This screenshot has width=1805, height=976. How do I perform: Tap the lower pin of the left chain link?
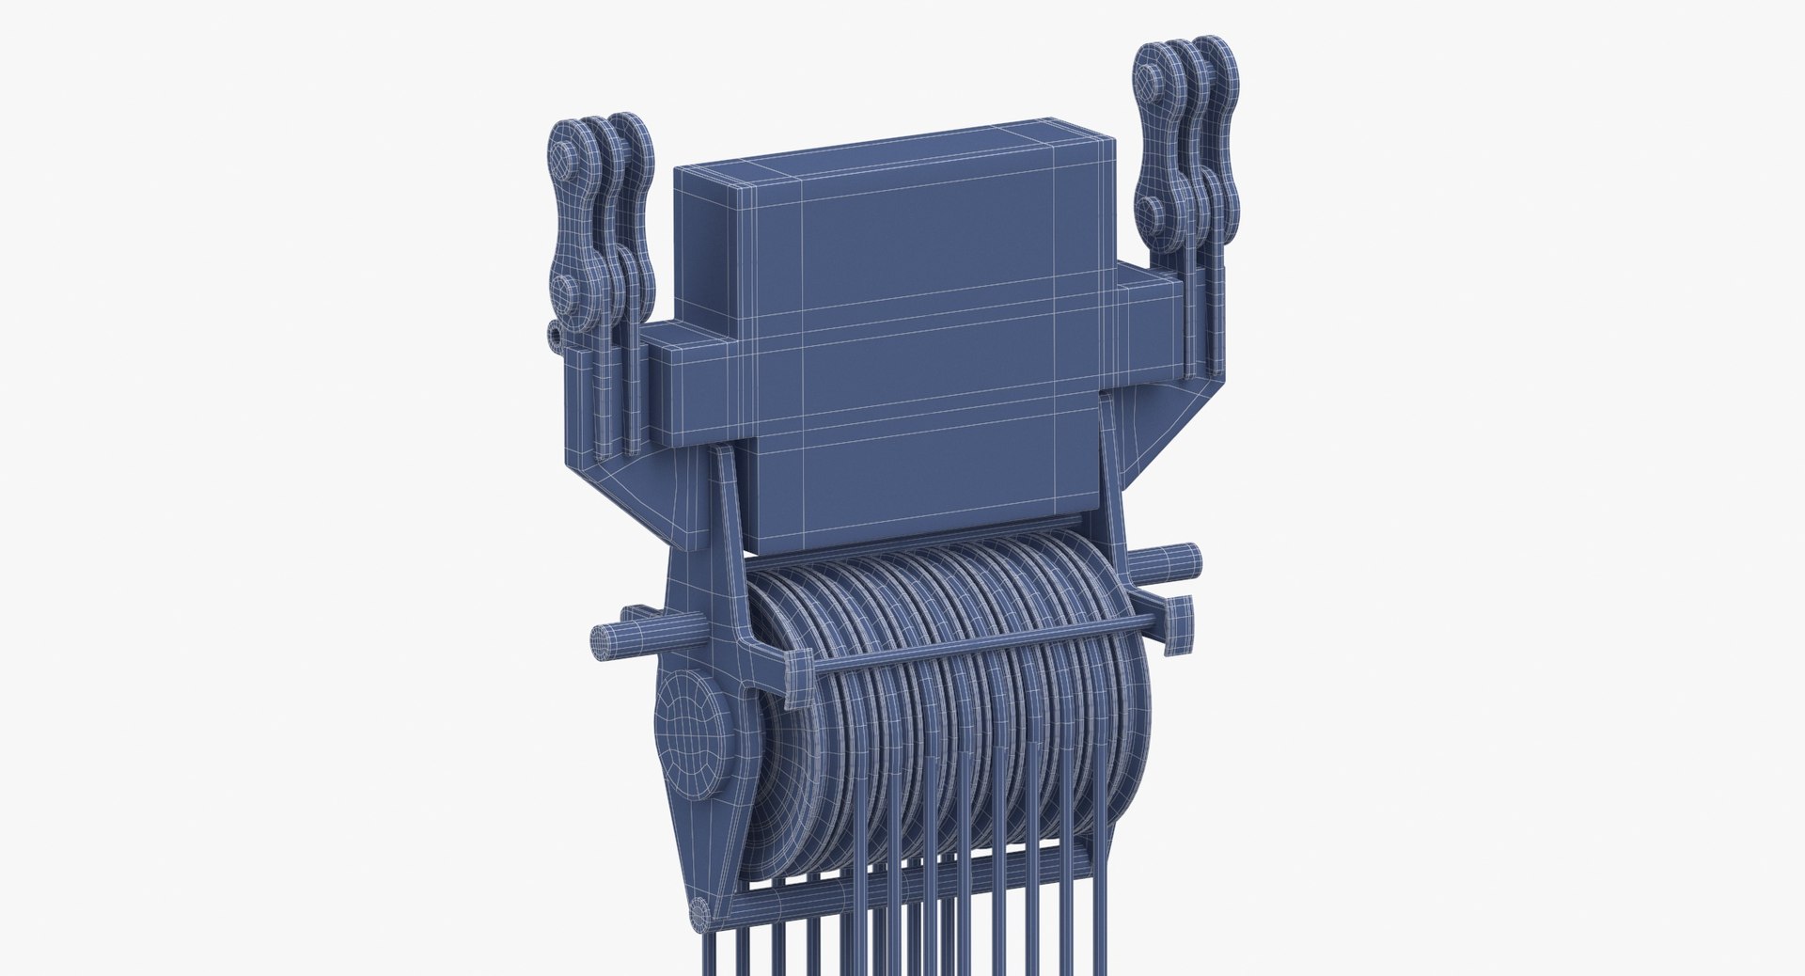[560, 291]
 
